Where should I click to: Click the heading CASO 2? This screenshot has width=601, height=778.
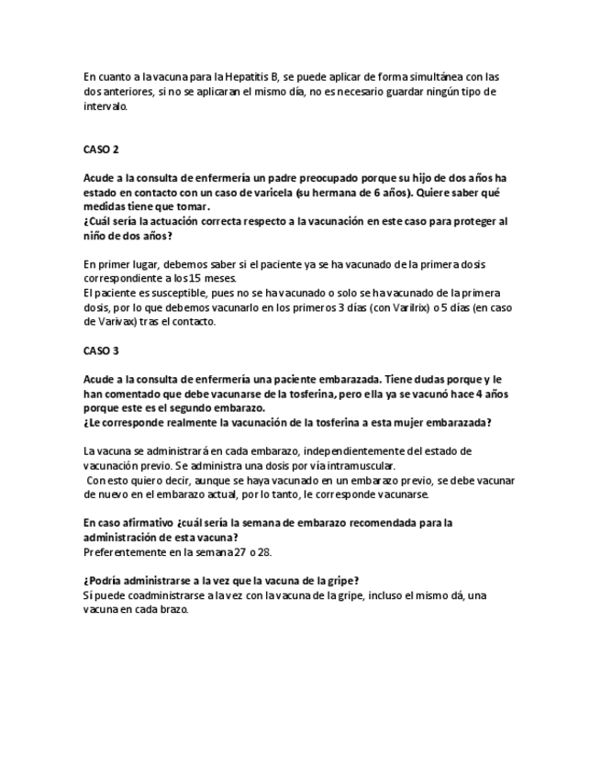101,149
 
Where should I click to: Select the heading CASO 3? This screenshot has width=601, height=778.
101,350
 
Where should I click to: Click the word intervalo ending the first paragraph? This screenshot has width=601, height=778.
106,106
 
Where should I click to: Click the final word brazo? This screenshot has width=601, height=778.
173,610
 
